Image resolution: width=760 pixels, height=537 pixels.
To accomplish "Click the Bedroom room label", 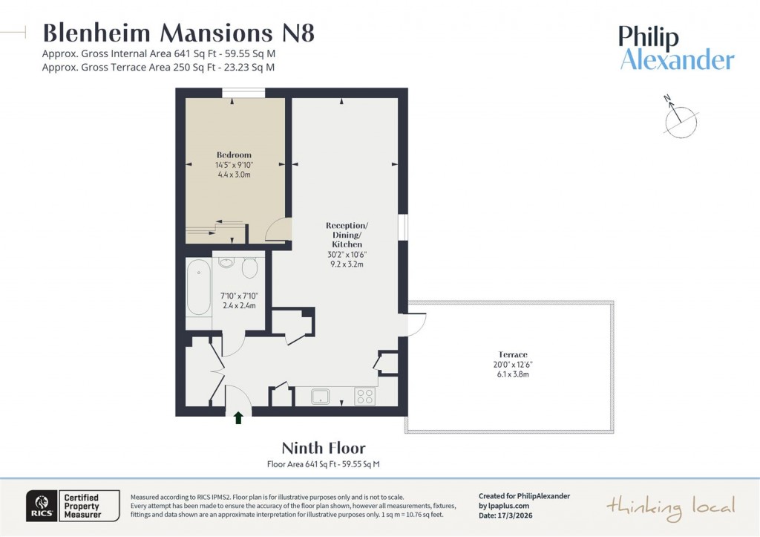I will click(x=234, y=154).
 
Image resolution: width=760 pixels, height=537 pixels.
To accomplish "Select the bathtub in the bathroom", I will click(x=198, y=287).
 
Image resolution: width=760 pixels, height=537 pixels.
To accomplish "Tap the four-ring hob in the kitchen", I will click(x=364, y=396).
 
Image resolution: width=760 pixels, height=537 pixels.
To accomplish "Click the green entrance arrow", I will click(x=238, y=418).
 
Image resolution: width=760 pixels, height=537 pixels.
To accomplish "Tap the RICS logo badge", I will click(x=40, y=506).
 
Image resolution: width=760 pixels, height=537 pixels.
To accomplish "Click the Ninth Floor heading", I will click(x=323, y=448).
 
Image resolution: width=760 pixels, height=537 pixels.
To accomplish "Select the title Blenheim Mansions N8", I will click(x=179, y=33).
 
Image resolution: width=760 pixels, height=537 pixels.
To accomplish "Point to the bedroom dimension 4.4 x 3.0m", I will click(x=234, y=175).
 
